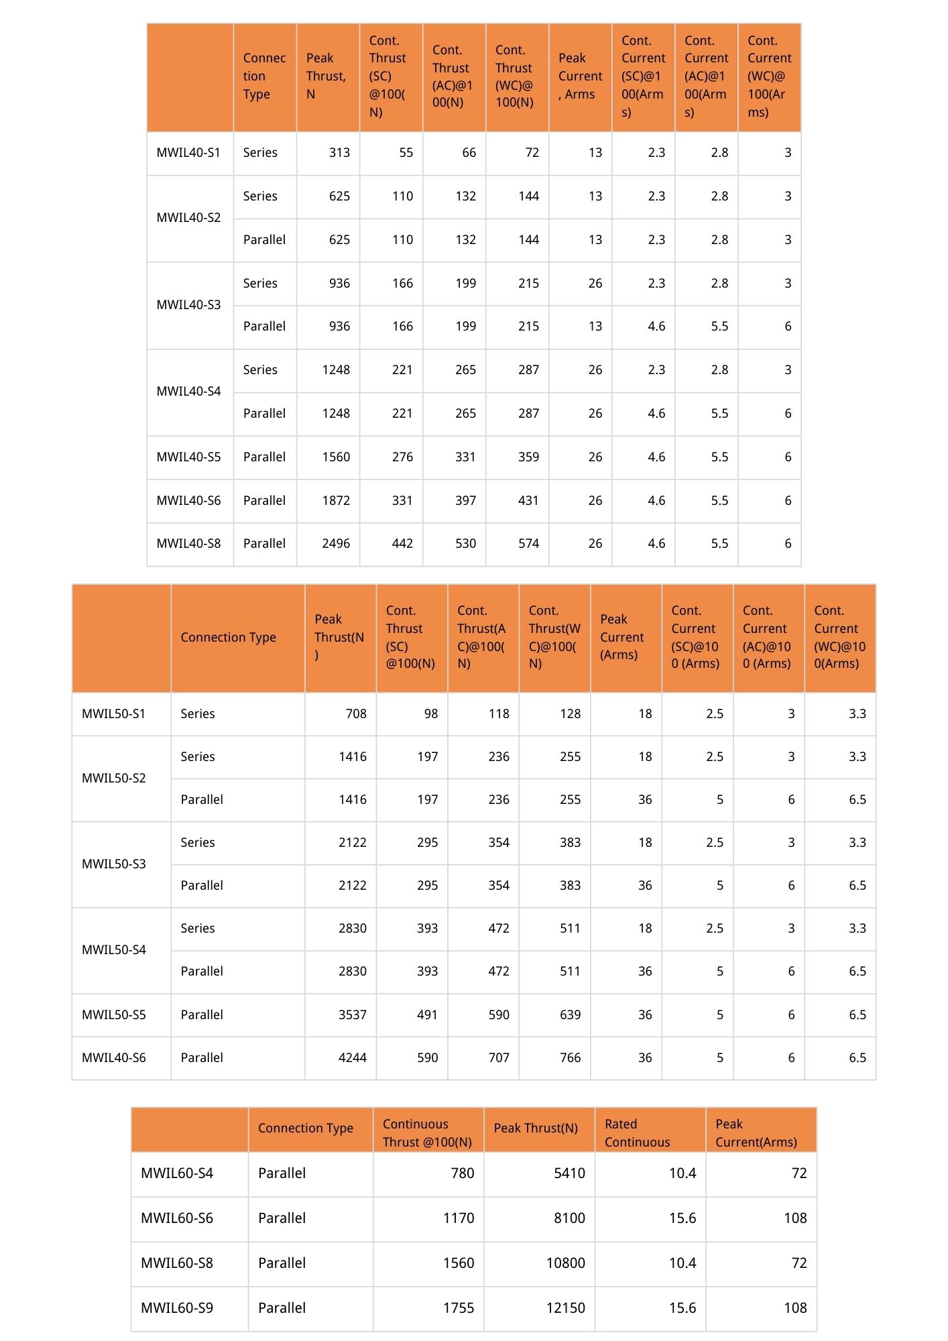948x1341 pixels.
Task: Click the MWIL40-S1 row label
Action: [188, 153]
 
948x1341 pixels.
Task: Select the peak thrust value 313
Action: [339, 153]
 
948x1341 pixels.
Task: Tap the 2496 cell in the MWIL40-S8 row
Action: [336, 544]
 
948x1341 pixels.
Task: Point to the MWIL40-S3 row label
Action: [188, 305]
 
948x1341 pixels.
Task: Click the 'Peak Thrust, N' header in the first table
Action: [327, 76]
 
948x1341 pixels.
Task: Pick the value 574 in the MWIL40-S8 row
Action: [528, 544]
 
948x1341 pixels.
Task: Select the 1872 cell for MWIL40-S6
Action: [336, 501]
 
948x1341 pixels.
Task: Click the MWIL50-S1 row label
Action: [113, 714]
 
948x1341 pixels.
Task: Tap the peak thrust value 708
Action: [356, 714]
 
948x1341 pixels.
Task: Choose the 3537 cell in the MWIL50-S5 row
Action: [353, 1015]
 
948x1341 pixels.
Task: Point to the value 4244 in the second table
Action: [353, 1058]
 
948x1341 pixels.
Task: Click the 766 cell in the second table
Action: [570, 1058]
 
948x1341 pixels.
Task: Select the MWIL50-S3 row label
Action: [113, 864]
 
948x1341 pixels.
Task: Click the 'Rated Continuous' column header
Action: [637, 1133]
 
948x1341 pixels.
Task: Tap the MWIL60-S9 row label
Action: [177, 1308]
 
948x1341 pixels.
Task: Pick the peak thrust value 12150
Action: [565, 1308]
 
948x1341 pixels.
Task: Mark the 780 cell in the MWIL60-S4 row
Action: [462, 1173]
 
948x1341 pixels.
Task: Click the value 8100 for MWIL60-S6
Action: [569, 1218]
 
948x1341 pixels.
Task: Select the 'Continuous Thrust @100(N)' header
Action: [427, 1133]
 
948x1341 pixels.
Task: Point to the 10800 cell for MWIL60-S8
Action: [565, 1263]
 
